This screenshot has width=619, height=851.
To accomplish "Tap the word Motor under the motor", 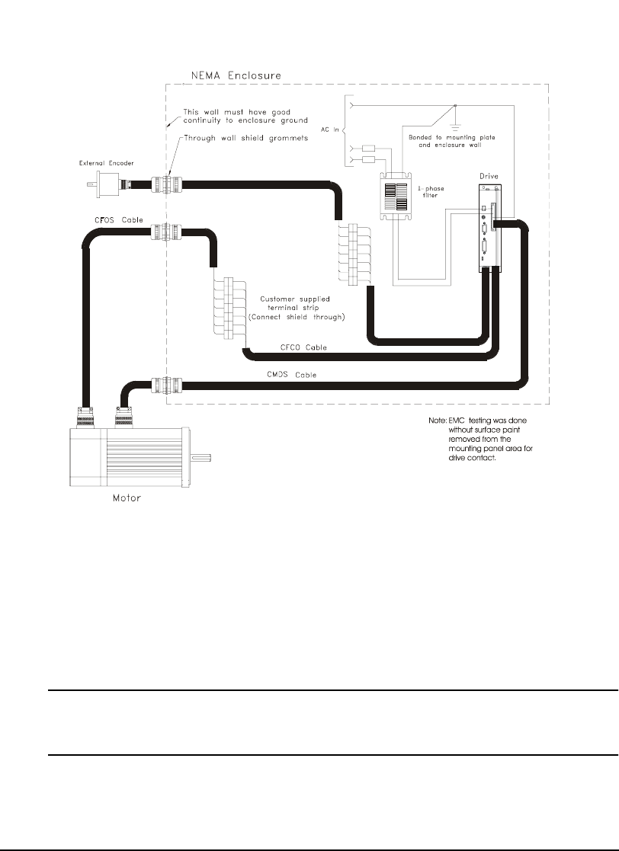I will pos(123,499).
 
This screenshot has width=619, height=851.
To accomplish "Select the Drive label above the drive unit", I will pos(489,177).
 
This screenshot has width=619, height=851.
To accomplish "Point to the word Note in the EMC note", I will pos(437,421).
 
